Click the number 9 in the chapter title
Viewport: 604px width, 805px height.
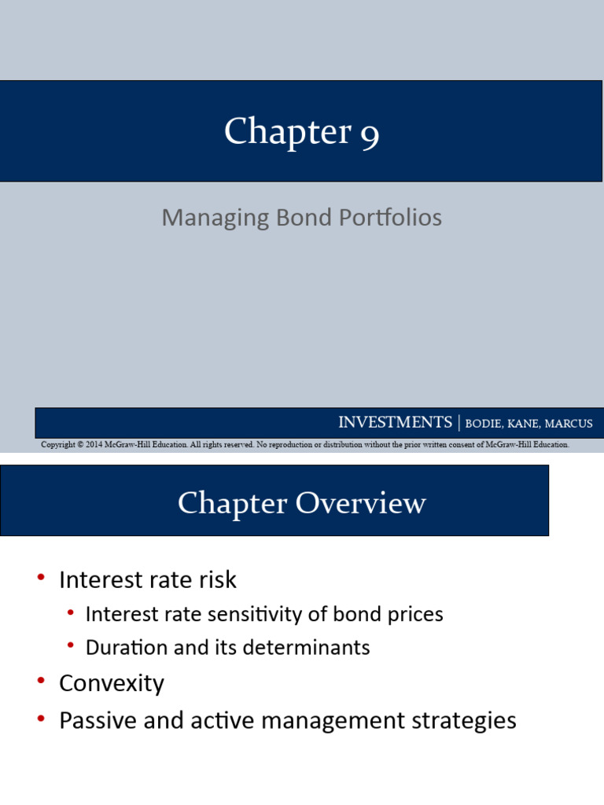(x=370, y=133)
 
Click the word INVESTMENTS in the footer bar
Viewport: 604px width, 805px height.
(x=395, y=423)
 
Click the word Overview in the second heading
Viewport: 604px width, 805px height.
(x=363, y=503)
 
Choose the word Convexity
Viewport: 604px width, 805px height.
(x=112, y=684)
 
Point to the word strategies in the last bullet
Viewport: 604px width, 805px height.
(x=462, y=721)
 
